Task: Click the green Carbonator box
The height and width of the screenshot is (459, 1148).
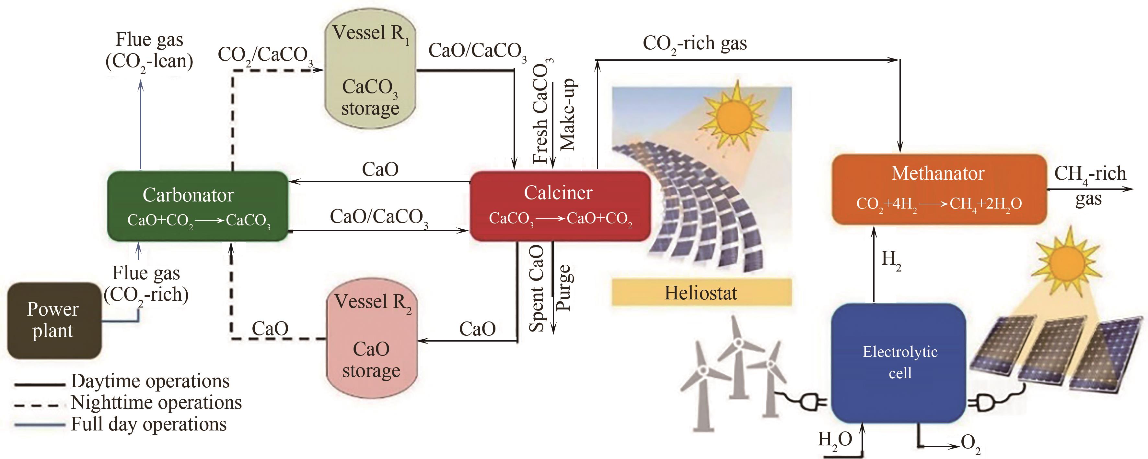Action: click(197, 206)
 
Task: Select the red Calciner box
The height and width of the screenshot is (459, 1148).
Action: click(560, 206)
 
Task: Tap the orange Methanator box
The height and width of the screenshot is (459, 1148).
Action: click(939, 189)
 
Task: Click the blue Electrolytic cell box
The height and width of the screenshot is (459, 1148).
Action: click(899, 362)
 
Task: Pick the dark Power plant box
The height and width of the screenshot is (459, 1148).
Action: click(54, 320)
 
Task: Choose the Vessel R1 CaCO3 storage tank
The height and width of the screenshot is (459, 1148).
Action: click(370, 69)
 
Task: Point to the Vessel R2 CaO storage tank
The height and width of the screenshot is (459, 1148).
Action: click(371, 338)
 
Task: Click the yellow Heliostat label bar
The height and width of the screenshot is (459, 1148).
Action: click(701, 293)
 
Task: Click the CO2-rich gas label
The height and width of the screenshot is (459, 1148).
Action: click(694, 44)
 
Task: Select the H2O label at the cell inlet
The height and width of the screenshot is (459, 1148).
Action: click(834, 441)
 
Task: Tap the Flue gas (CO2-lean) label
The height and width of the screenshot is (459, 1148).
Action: click(149, 50)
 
